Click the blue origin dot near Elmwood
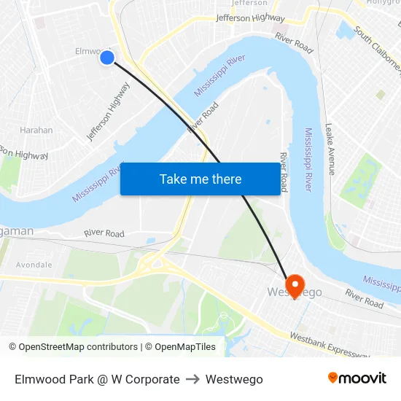[x=107, y=57]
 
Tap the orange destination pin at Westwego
[x=295, y=284]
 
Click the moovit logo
[x=357, y=378]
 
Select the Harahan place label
[x=36, y=131]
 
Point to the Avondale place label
[x=34, y=265]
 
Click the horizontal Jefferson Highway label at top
[x=250, y=18]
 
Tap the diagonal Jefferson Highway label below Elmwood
[x=108, y=112]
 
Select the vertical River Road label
[x=284, y=172]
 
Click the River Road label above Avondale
[x=104, y=233]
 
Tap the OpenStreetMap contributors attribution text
[x=72, y=347]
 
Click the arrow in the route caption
[x=192, y=379]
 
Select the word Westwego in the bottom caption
[x=234, y=379]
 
